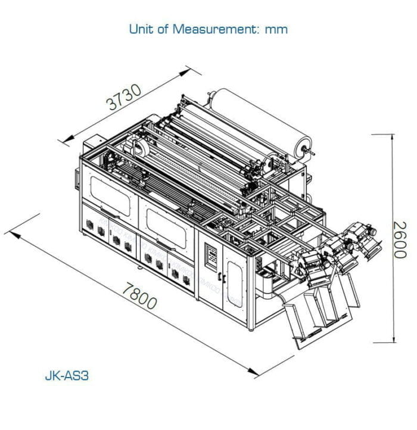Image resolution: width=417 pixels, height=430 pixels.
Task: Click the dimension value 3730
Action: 125,98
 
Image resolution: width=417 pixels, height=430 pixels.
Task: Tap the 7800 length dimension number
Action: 139,295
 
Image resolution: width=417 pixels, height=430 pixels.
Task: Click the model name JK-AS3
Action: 67,376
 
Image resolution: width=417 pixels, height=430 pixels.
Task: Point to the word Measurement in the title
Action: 206,29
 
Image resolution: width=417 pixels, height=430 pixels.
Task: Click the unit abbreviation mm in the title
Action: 276,29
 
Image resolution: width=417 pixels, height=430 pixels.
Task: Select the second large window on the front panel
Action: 167,226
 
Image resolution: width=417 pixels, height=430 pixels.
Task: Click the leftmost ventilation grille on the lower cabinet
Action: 90,228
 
